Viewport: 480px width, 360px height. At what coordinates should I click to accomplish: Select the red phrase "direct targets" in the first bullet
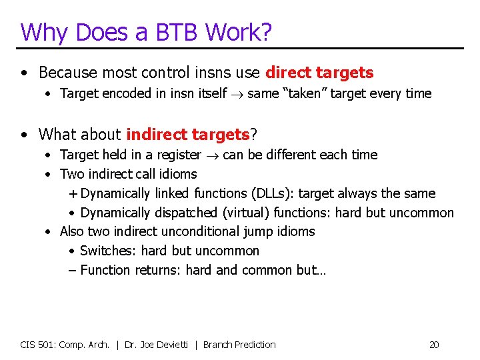tap(319, 73)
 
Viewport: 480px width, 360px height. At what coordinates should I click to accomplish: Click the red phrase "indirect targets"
tap(187, 134)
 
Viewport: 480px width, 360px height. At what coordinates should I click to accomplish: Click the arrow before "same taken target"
tap(237, 94)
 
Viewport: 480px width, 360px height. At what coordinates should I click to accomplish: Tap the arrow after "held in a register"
tap(212, 155)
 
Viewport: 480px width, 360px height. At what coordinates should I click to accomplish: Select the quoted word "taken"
tap(298, 94)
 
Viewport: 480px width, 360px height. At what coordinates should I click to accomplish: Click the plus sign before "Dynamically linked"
tap(73, 194)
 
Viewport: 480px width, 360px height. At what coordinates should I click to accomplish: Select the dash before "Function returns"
tap(73, 271)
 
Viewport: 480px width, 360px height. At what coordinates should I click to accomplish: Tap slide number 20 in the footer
tap(434, 345)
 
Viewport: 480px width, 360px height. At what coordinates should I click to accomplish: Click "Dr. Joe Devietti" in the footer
tap(160, 345)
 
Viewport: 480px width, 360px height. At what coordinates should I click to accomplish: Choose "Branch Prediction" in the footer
tap(239, 345)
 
